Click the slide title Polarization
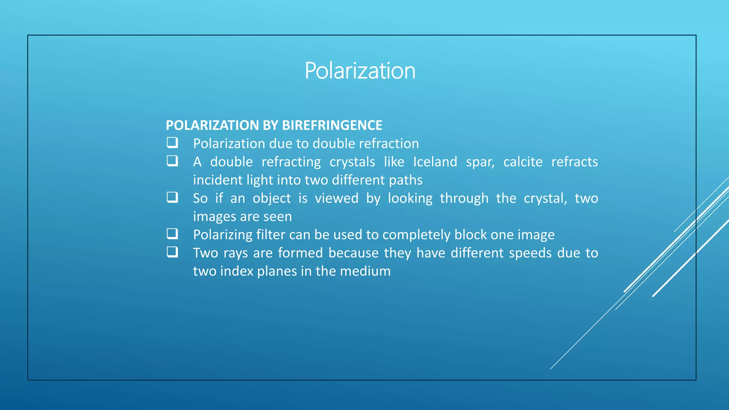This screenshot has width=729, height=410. point(360,70)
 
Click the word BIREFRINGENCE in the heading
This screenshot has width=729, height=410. point(332,125)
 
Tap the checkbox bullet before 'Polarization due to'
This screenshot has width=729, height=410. point(172,143)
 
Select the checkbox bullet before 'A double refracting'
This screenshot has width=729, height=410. point(172,161)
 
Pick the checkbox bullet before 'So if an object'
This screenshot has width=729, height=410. point(172,197)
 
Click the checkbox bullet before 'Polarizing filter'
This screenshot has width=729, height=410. point(172,234)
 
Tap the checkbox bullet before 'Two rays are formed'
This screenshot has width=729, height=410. point(172,252)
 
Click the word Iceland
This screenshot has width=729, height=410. point(435,162)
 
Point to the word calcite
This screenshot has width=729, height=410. point(523,162)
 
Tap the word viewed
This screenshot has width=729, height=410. point(336,198)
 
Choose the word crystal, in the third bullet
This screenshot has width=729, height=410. point(545,199)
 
